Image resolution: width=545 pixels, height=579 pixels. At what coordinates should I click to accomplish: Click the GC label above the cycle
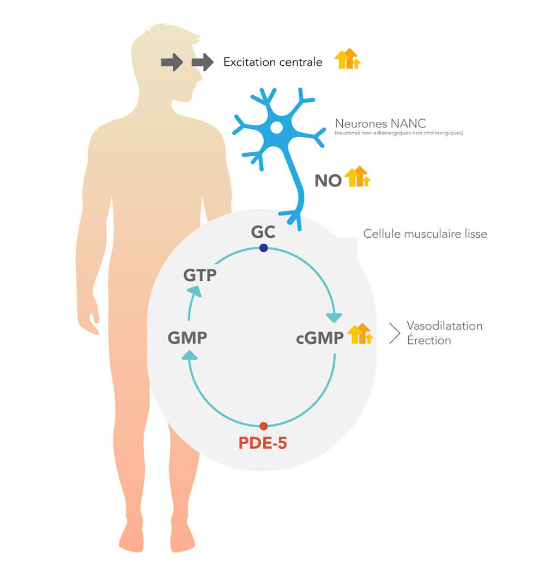click(263, 232)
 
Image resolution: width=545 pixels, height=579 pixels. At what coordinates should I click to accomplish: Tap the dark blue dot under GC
click(264, 248)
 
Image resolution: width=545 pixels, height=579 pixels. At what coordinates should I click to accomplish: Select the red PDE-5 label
click(263, 443)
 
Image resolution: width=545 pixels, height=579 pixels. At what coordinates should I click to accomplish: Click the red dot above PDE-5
click(264, 426)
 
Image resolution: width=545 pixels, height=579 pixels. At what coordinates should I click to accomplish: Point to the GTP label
click(200, 275)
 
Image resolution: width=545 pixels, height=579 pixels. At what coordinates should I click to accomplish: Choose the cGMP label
click(320, 338)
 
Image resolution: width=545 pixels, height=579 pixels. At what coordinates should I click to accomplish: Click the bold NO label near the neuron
click(328, 181)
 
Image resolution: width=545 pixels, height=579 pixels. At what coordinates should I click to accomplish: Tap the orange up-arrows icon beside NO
click(357, 176)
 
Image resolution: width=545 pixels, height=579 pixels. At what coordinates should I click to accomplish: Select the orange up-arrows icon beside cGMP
click(360, 334)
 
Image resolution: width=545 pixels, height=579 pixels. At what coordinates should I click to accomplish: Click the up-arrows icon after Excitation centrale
click(347, 58)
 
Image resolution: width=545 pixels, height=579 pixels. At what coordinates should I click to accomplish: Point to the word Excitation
click(249, 61)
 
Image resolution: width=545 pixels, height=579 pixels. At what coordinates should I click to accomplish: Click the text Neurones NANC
click(380, 124)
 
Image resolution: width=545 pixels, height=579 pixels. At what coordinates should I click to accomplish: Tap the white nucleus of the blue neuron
click(276, 128)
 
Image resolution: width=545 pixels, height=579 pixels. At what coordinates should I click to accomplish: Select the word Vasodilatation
click(445, 325)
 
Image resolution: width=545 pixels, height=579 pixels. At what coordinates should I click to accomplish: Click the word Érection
click(429, 340)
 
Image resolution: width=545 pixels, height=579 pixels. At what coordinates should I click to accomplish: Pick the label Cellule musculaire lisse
click(425, 234)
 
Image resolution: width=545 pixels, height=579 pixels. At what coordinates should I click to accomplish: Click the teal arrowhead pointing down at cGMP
click(334, 318)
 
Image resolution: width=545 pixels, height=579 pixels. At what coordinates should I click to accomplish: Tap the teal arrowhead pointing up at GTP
click(195, 291)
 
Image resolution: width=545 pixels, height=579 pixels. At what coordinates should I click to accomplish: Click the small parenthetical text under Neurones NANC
click(399, 133)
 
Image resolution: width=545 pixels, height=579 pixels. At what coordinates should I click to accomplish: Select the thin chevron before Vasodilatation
click(395, 333)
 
